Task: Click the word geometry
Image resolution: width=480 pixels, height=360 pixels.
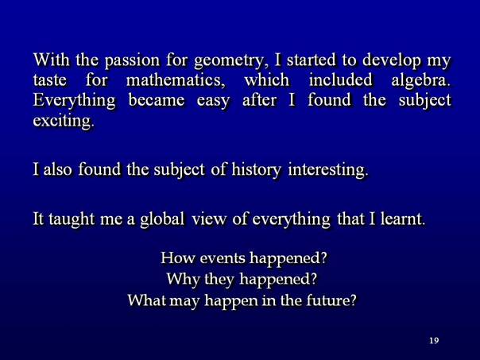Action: [229, 61]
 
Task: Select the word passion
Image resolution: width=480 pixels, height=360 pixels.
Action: [132, 61]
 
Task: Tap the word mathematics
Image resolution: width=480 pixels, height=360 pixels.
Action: [176, 80]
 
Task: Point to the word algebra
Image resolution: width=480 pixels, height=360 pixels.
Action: [421, 81]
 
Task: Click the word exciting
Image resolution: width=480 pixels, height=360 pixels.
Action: [63, 122]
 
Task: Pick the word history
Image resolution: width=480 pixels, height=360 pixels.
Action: [256, 170]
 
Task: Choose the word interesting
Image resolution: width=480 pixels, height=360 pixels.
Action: [327, 170]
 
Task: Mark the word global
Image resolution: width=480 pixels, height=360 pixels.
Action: [162, 219]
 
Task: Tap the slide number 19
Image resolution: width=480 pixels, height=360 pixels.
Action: [434, 340]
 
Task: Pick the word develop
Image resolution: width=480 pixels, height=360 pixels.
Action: [391, 61]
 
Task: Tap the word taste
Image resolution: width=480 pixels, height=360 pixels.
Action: [49, 81]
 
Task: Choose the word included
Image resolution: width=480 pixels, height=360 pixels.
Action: [340, 80]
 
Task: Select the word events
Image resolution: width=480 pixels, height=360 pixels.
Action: [223, 258]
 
